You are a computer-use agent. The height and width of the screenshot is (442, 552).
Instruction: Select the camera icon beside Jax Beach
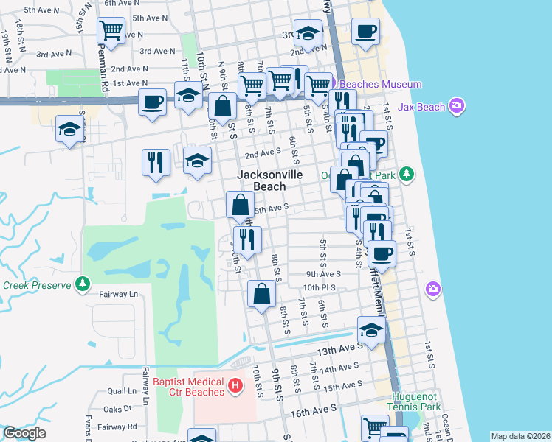click(x=458, y=107)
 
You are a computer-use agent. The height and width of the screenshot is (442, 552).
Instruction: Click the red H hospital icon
click(x=235, y=385)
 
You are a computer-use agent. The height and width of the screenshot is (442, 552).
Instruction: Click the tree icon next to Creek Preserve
click(x=83, y=284)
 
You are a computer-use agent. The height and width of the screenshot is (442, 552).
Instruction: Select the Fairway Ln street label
click(x=119, y=294)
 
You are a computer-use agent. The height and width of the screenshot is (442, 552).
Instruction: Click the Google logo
click(x=25, y=433)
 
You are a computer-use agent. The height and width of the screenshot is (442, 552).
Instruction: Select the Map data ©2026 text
click(x=520, y=436)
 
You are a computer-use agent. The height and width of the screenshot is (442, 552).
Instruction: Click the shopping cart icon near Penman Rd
click(x=111, y=31)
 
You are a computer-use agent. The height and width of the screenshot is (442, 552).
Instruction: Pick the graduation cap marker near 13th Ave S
click(x=371, y=329)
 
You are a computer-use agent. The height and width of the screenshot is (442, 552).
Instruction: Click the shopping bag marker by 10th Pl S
click(x=262, y=294)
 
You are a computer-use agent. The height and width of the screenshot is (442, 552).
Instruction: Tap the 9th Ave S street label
click(x=323, y=273)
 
